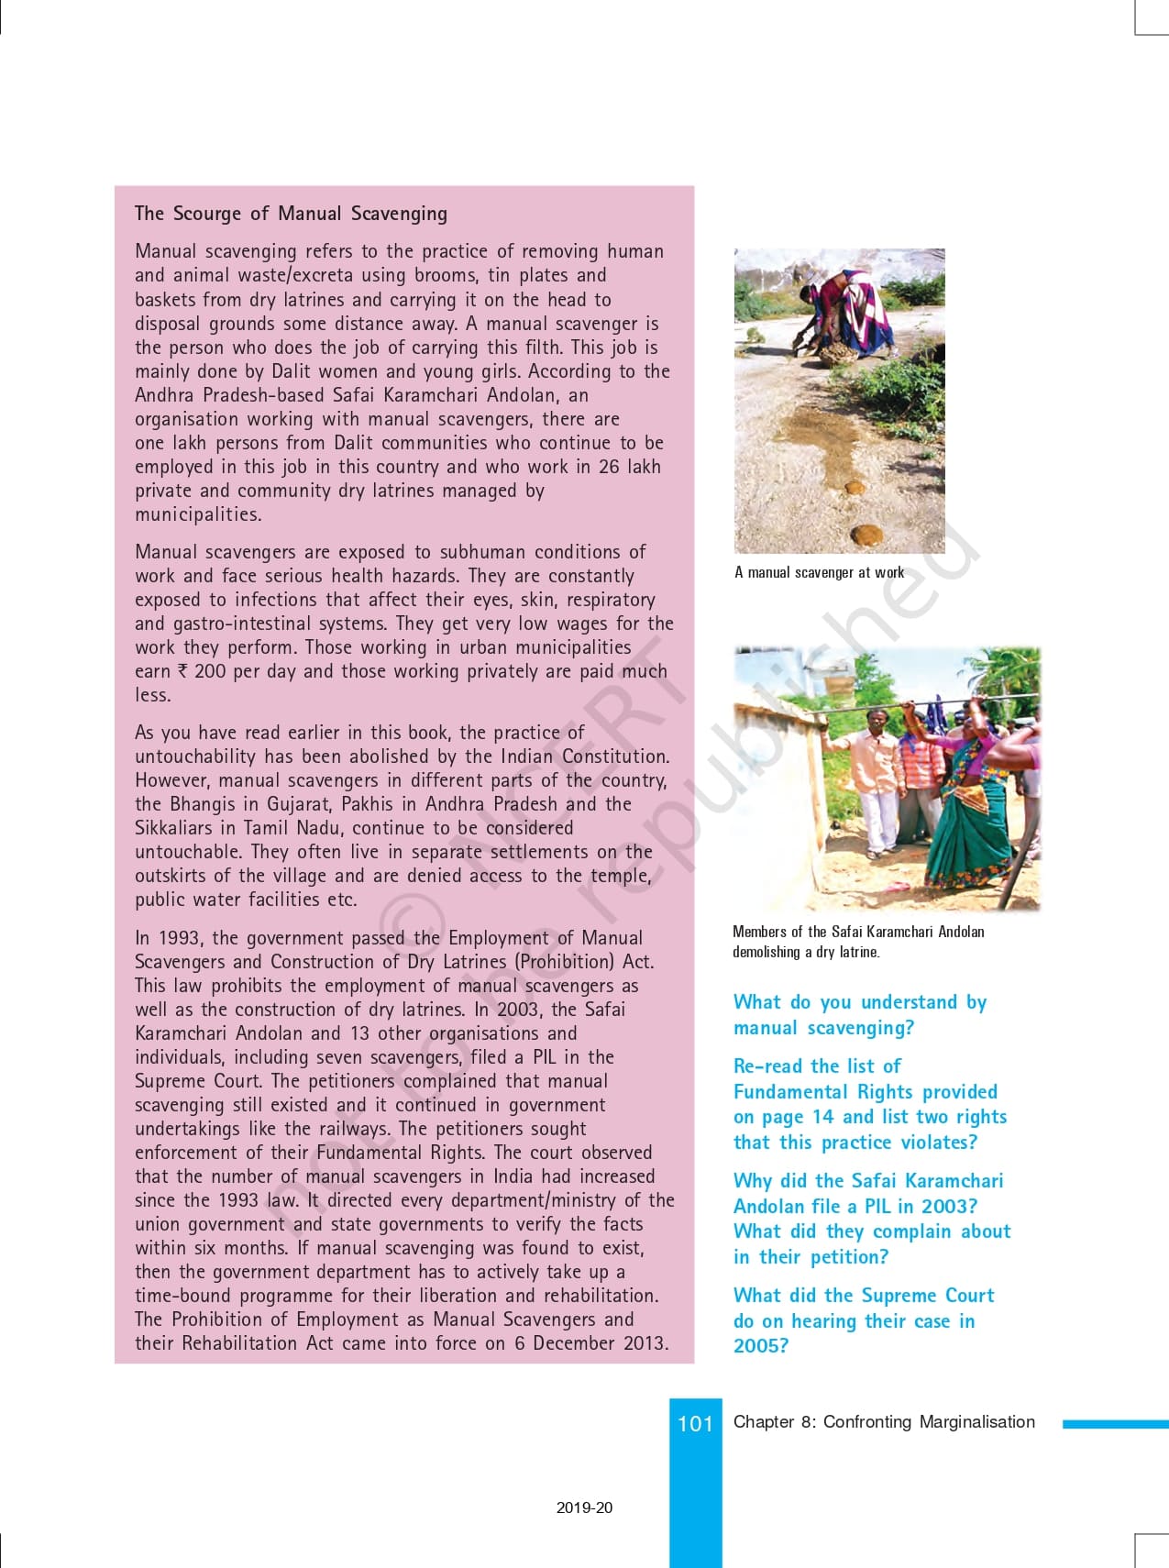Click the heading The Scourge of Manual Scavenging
click(291, 214)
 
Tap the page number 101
click(695, 1423)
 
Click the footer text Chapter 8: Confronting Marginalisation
click(884, 1422)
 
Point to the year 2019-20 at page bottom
click(584, 1507)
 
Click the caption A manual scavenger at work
click(819, 572)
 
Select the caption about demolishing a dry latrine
click(857, 942)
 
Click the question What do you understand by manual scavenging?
click(859, 1014)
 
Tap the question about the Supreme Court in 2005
click(863, 1320)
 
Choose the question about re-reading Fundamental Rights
click(869, 1104)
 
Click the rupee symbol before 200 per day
click(182, 671)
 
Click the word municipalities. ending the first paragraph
click(198, 514)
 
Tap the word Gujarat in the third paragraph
click(299, 804)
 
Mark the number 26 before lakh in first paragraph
click(609, 467)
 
